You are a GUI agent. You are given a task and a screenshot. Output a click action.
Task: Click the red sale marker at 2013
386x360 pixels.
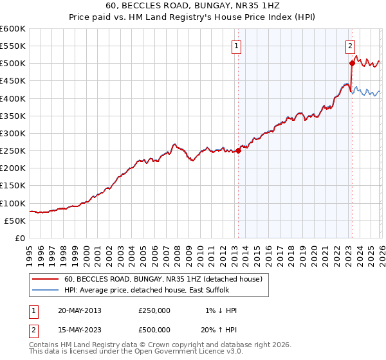238,150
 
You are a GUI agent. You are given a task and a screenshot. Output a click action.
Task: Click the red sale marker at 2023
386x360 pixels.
352,63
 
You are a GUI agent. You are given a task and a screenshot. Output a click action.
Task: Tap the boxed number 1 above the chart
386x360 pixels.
237,46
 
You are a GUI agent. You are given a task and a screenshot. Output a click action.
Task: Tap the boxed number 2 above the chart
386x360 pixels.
351,46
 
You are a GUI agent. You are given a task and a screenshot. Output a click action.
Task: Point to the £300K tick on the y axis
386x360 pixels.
13,133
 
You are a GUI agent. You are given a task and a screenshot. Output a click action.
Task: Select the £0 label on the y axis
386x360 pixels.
20,238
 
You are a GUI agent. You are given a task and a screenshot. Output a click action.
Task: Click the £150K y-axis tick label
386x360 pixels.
13,186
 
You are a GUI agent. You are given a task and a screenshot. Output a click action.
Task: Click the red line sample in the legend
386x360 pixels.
46,280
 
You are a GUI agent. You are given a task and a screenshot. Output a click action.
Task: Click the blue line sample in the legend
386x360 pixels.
46,291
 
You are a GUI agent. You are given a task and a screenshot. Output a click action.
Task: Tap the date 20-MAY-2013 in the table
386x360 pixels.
79,310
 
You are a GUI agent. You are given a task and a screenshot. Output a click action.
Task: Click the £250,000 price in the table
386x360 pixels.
154,310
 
